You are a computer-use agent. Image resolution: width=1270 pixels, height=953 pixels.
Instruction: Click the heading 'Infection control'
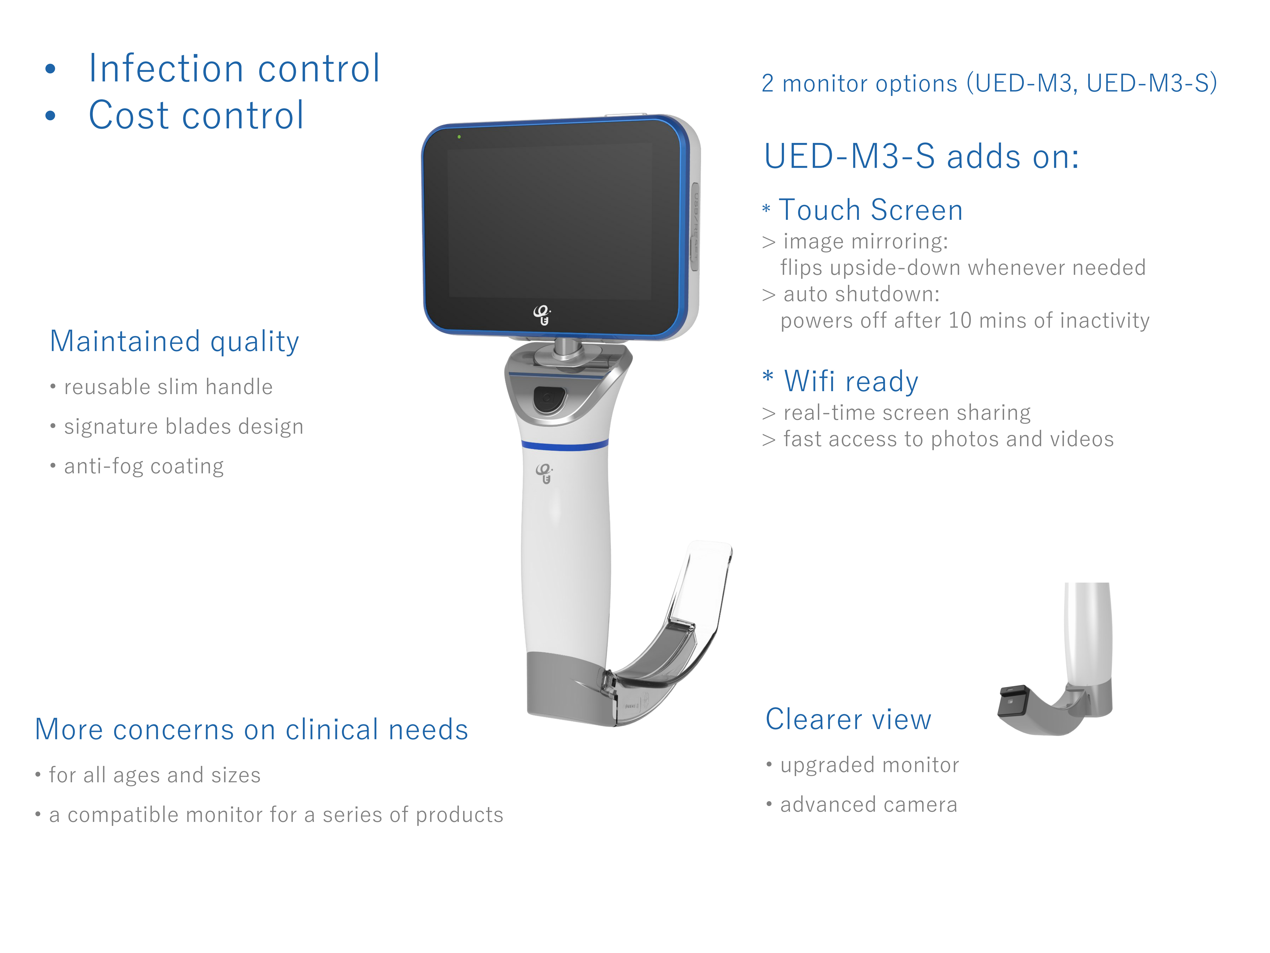(x=234, y=68)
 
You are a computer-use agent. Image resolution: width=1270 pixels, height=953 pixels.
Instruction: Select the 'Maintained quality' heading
(x=175, y=342)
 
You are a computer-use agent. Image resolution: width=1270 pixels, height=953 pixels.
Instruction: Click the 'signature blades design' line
(x=184, y=427)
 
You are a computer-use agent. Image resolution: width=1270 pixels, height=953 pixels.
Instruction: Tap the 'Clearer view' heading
(x=849, y=719)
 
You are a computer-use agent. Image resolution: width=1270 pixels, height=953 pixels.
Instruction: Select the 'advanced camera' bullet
(x=869, y=805)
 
